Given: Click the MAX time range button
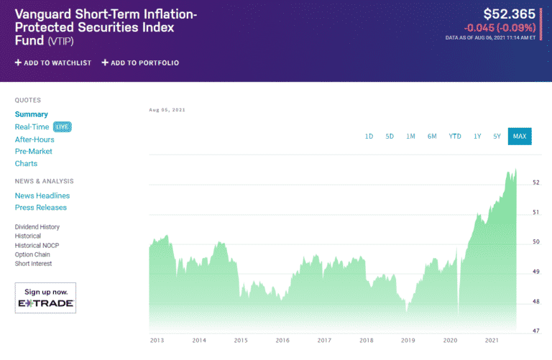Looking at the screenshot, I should click(x=519, y=136).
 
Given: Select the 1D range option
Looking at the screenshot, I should click(x=369, y=136).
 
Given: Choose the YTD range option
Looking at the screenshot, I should click(x=455, y=136).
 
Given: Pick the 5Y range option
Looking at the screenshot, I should click(x=497, y=136).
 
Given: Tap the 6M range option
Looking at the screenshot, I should click(x=432, y=136).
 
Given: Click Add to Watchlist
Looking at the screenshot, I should click(x=53, y=63).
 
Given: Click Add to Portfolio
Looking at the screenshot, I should click(x=140, y=63).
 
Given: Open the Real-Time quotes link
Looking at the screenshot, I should click(x=32, y=126).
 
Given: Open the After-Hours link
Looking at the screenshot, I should click(x=34, y=139).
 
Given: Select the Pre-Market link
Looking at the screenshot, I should click(x=34, y=152).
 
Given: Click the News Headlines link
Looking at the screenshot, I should click(x=42, y=195).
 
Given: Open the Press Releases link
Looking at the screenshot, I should click(x=41, y=208).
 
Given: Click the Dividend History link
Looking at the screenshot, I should click(x=37, y=227).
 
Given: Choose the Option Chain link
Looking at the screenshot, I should click(x=33, y=254).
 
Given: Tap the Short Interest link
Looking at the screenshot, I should click(x=34, y=264).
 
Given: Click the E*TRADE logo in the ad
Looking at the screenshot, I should click(x=45, y=304).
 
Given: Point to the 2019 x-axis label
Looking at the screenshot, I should click(x=408, y=340).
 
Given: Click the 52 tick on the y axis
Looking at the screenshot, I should click(x=535, y=183).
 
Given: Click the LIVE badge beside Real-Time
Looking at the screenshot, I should click(x=63, y=126).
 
